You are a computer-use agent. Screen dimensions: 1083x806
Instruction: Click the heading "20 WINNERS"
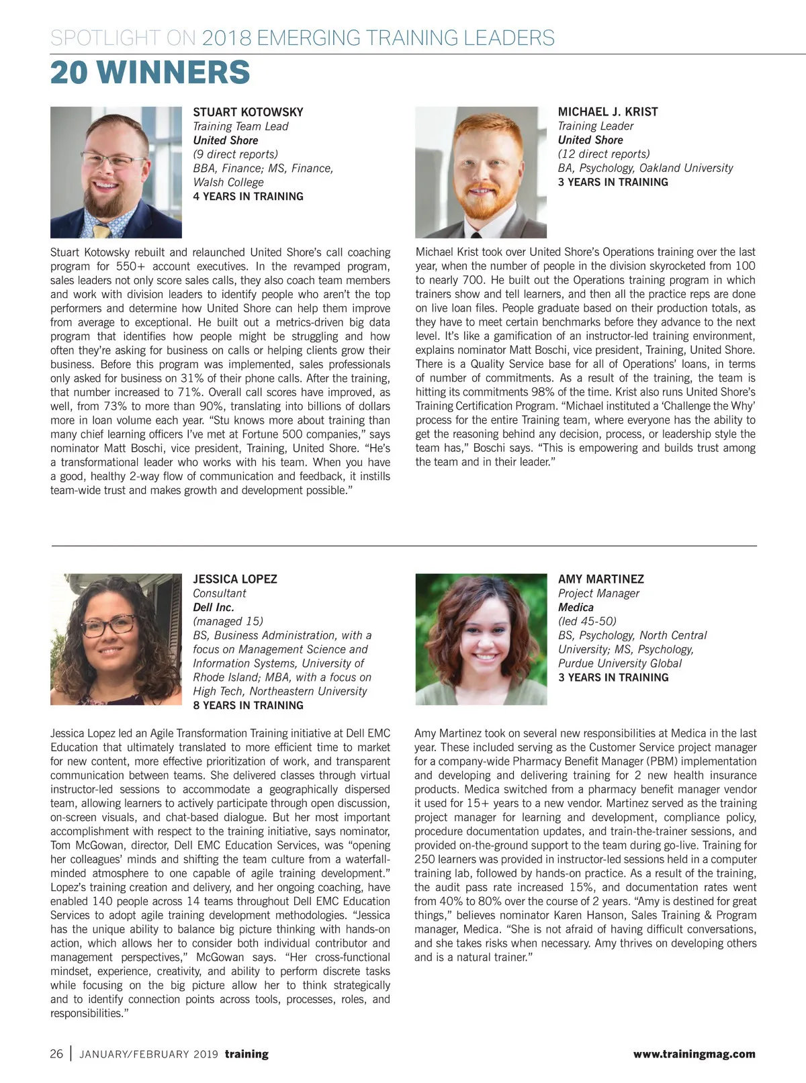coord(150,73)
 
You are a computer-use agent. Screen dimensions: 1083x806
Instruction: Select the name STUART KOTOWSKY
coord(248,112)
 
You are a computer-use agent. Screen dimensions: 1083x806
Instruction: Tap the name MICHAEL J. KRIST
coord(607,111)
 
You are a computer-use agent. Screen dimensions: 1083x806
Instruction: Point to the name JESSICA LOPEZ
coord(234,579)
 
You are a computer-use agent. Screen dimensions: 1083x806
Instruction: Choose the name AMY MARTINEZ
coord(600,579)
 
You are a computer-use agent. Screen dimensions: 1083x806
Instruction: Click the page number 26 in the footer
coord(56,1053)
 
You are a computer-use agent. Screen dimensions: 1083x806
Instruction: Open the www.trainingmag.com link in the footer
coord(694,1054)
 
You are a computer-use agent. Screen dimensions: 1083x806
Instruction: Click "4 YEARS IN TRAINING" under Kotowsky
coord(248,196)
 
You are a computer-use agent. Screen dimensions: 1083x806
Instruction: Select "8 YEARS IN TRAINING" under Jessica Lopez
coord(248,705)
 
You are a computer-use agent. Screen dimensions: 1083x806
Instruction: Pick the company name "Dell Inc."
coord(213,607)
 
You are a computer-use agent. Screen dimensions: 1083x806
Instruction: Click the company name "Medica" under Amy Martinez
coord(576,607)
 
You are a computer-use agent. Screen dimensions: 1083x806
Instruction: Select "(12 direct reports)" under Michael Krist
coord(603,154)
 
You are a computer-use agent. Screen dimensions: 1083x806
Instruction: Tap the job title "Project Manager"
coord(598,593)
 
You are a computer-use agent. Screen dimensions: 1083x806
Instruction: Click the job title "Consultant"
coord(219,593)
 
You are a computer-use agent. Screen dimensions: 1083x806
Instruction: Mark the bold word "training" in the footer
coord(247,1054)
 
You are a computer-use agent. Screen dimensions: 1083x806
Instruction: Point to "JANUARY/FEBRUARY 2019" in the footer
coord(148,1054)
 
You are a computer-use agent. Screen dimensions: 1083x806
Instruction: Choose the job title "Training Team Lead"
coord(240,126)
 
